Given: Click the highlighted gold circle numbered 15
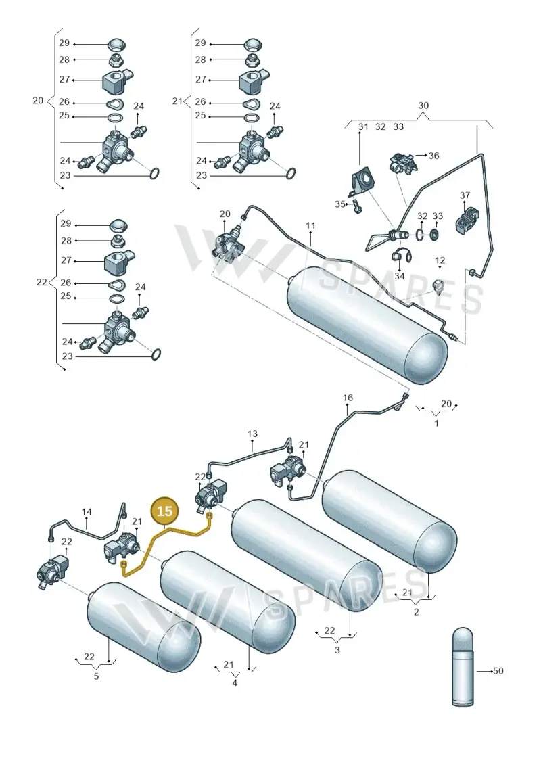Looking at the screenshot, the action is [x=165, y=511].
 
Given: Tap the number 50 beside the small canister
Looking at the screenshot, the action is [x=498, y=671].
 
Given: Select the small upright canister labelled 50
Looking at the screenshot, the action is [x=462, y=666].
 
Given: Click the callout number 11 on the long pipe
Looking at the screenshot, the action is [x=311, y=225].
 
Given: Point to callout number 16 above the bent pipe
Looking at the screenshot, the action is [x=348, y=398].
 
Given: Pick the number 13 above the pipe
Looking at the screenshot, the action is [x=252, y=434].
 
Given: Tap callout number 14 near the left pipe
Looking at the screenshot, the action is [x=87, y=512].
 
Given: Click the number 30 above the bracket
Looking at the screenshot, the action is [x=423, y=106].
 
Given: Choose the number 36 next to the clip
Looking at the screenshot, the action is [x=433, y=156].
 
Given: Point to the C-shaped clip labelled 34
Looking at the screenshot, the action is [x=400, y=255].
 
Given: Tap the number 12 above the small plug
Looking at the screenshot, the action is [x=440, y=260].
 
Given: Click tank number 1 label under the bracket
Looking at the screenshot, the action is [x=436, y=423].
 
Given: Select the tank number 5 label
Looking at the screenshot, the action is [x=96, y=676].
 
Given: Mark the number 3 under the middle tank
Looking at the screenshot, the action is [x=337, y=650].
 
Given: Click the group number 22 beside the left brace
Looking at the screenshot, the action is [x=41, y=283].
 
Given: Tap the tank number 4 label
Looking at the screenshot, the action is [x=235, y=683].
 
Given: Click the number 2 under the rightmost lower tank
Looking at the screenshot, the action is [x=416, y=612].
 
